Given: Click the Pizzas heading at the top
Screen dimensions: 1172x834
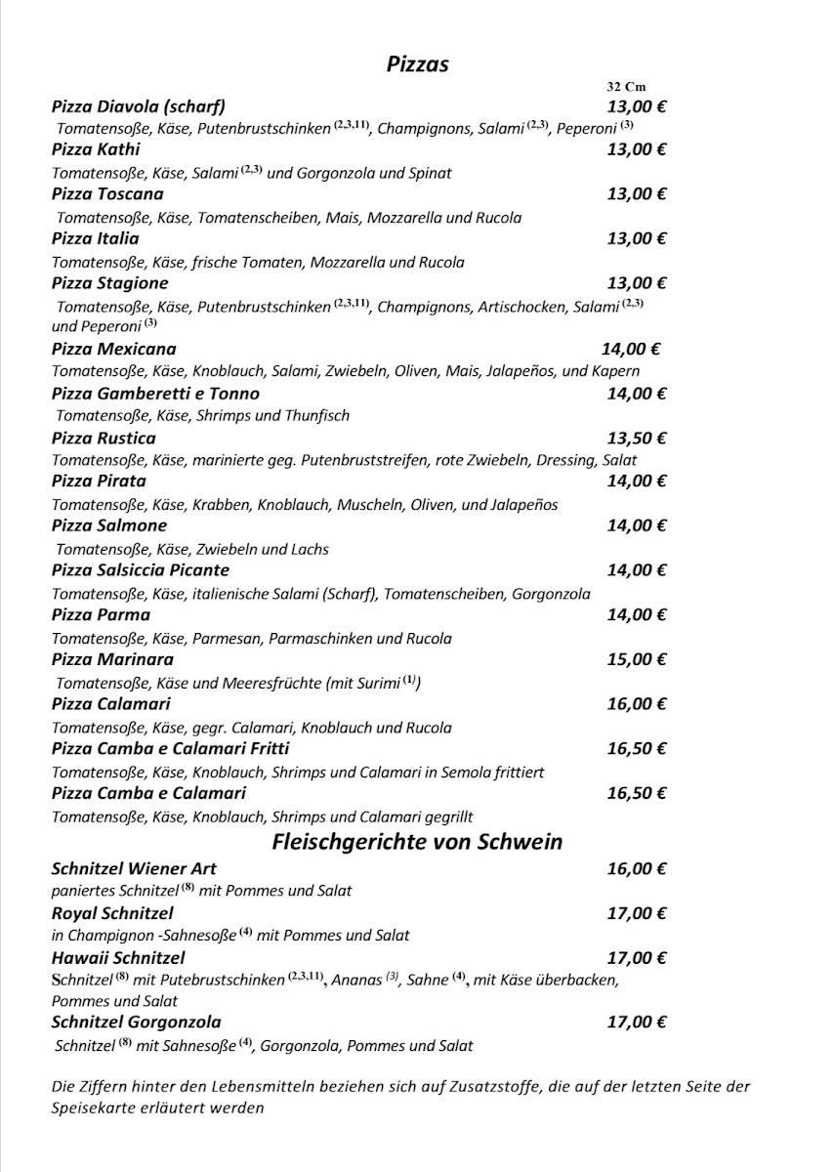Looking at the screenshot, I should click(x=417, y=64).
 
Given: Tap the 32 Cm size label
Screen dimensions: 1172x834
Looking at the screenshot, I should click(x=626, y=87).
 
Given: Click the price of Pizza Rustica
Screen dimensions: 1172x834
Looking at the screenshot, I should click(x=636, y=438).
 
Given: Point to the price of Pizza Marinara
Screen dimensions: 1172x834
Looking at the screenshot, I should click(x=636, y=659).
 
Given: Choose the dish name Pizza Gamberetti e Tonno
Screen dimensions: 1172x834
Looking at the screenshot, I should click(x=155, y=394).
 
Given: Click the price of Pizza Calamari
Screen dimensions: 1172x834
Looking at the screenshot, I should click(x=636, y=704).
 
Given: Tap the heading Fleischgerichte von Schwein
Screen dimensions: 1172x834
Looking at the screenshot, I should click(x=417, y=842).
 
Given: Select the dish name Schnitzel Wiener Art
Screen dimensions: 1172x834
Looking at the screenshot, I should click(x=134, y=868).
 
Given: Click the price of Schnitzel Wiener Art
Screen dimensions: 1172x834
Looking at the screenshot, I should click(x=636, y=868).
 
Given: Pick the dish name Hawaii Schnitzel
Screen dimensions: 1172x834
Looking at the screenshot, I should click(x=118, y=958).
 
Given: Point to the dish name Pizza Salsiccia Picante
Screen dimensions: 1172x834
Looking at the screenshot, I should click(x=141, y=570).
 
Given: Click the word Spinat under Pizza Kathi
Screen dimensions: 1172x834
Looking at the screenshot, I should click(x=431, y=173).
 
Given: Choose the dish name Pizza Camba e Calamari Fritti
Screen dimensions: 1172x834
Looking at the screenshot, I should click(x=171, y=749).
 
